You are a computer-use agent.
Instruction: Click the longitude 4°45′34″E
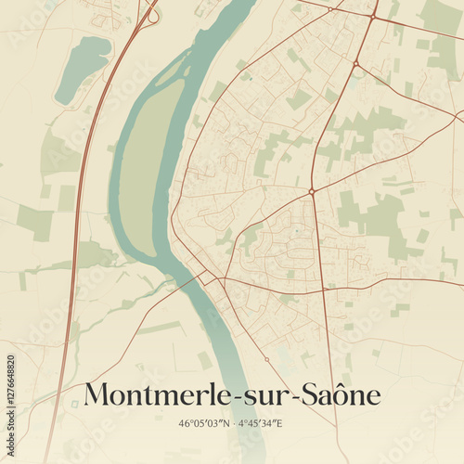point(263,424)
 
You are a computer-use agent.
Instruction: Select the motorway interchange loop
point(151,15)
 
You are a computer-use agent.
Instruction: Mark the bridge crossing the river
point(197,279)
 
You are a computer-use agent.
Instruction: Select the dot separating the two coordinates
point(232,424)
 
